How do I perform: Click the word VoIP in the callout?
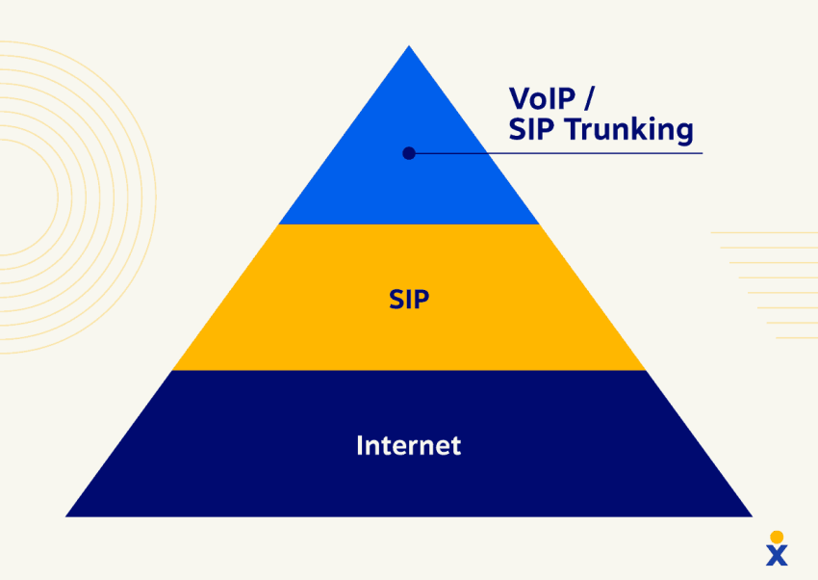[542, 98]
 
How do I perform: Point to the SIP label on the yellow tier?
[409, 299]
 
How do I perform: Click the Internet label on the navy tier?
[409, 445]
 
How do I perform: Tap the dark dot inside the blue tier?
[409, 153]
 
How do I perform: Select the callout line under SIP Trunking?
[558, 153]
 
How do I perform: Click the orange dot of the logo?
[777, 537]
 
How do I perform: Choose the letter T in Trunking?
[574, 129]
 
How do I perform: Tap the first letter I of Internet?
[360, 445]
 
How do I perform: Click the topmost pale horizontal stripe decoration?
[764, 233]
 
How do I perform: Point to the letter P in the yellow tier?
[422, 299]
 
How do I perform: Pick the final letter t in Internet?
[456, 445]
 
